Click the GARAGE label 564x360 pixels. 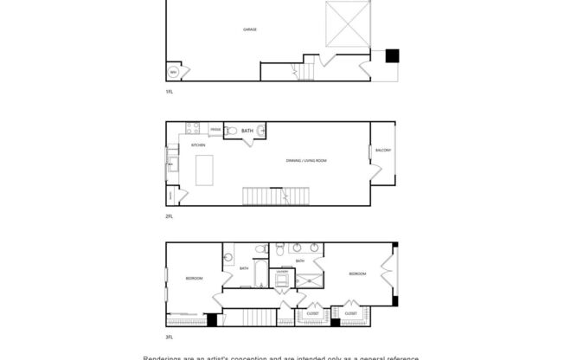click(x=249, y=29)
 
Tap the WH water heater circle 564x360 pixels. click(x=173, y=72)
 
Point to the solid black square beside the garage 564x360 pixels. click(x=392, y=55)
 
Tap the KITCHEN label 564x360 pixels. click(x=197, y=145)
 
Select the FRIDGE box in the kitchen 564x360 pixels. click(x=215, y=131)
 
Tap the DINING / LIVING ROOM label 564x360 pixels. click(x=306, y=161)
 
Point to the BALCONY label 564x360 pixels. click(x=381, y=151)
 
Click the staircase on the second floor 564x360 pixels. click(x=263, y=196)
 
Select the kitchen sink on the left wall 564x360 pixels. click(x=171, y=163)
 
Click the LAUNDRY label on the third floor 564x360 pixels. click(x=282, y=272)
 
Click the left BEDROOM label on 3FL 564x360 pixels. click(x=194, y=278)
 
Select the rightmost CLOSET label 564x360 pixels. click(x=351, y=312)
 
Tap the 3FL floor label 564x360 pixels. click(x=170, y=336)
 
